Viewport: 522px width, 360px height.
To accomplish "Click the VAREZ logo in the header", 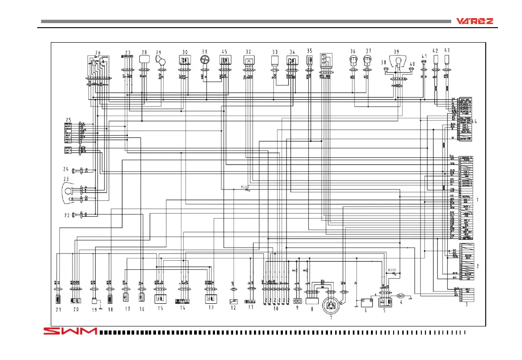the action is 475,21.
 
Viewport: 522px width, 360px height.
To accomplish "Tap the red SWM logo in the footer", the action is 70,331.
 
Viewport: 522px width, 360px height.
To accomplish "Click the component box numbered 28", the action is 145,58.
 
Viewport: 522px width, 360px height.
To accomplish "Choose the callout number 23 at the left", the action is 66,179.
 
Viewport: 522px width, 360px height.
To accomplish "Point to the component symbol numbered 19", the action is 95,301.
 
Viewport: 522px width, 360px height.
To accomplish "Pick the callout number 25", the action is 68,119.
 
